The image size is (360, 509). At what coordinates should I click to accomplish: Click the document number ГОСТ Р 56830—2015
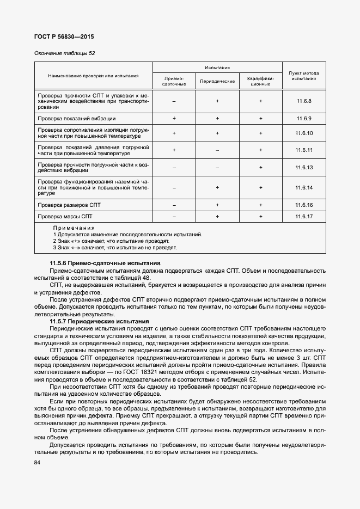(x=60, y=37)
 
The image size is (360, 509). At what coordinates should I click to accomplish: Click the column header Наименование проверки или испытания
(x=93, y=76)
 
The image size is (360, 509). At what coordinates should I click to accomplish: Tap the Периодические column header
(x=217, y=81)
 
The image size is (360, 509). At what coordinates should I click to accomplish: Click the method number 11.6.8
(x=303, y=101)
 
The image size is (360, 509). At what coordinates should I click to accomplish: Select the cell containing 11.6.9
(x=303, y=118)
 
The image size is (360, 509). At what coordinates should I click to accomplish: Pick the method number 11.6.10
(x=303, y=133)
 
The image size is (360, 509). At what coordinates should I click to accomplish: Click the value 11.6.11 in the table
(x=303, y=150)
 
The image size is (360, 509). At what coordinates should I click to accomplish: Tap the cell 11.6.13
(x=303, y=167)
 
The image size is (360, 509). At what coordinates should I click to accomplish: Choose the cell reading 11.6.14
(x=303, y=187)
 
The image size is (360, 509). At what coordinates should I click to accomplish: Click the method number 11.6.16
(x=303, y=205)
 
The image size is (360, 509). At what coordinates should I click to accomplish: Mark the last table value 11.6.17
(x=303, y=217)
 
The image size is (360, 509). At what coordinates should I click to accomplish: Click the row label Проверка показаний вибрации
(x=76, y=118)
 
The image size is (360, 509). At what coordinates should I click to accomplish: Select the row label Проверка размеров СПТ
(x=69, y=205)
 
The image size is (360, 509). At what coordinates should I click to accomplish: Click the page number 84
(x=37, y=463)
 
